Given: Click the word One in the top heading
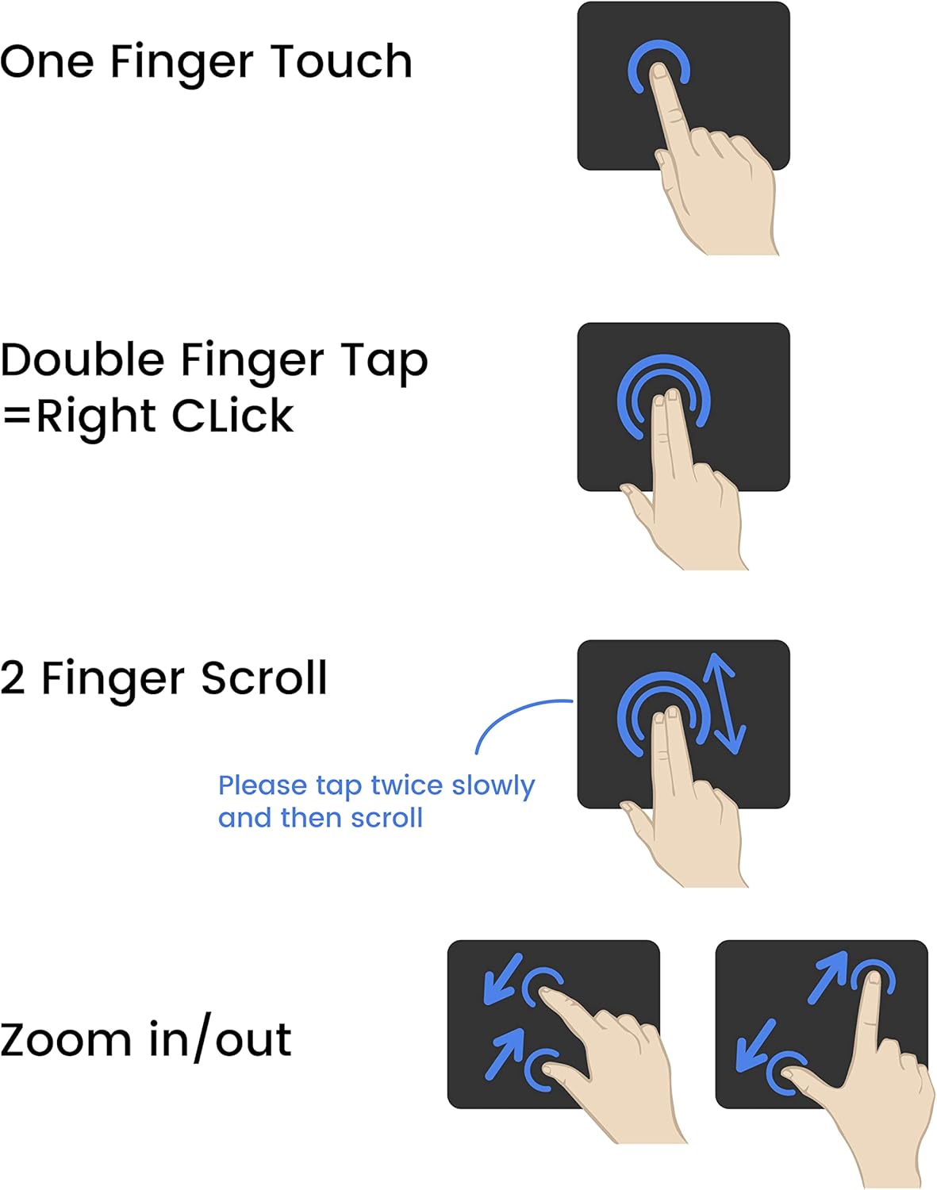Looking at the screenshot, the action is (47, 61).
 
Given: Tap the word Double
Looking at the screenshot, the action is (83, 360).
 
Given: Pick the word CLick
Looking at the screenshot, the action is (232, 415).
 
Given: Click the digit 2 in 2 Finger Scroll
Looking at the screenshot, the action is (13, 678).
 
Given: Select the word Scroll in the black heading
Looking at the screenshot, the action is (264, 678).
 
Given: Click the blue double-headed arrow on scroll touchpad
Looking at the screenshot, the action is (724, 704).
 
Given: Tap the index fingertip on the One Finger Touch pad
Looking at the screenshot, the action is (659, 70).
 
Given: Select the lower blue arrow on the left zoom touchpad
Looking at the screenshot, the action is (505, 1054).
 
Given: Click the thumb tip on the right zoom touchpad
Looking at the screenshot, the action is (788, 1073).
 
